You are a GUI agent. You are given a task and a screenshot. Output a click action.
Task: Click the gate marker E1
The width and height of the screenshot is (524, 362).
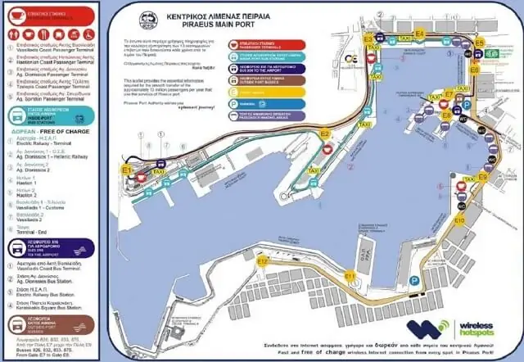coord(127,169)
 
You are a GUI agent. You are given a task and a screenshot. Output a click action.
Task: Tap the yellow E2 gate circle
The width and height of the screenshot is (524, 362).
coord(325,133)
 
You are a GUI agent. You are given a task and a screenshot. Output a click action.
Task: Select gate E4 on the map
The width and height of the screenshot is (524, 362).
coord(419,34)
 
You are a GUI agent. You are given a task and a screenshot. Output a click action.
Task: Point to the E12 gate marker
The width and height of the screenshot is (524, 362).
coord(262,260)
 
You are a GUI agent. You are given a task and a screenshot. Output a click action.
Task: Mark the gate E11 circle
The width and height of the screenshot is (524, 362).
coord(350,277)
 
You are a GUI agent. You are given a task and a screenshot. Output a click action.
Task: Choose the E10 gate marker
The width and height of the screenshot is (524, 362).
coord(459,221)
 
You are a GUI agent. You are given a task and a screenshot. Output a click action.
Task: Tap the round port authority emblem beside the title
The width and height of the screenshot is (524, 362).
coord(148,18)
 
